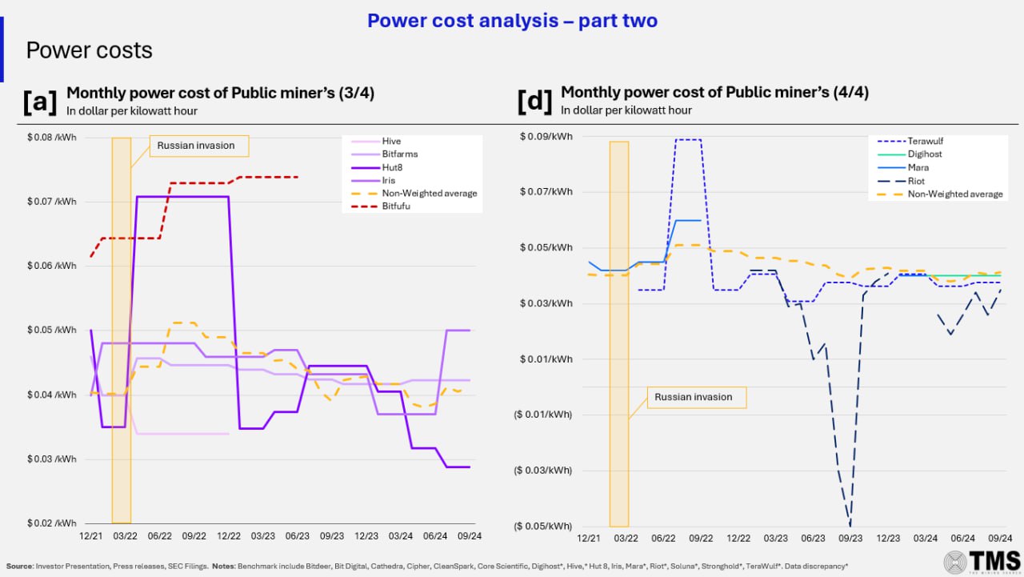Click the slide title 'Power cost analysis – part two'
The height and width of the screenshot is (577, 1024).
click(512, 21)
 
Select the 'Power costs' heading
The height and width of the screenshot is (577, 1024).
click(89, 50)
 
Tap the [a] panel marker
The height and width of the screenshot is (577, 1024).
click(40, 102)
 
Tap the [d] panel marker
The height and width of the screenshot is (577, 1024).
click(534, 102)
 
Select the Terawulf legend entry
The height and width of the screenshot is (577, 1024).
click(926, 142)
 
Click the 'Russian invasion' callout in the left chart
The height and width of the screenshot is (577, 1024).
click(196, 146)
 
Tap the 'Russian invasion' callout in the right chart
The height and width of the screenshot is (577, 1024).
click(693, 397)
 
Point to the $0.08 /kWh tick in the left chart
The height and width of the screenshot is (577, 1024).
click(52, 138)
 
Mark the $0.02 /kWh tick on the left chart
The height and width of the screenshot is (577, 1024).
click(52, 523)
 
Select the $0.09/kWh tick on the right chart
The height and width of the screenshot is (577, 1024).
click(548, 137)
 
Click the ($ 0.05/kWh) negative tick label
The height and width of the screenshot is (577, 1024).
click(543, 526)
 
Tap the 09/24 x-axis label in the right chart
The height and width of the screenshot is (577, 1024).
click(1000, 539)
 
